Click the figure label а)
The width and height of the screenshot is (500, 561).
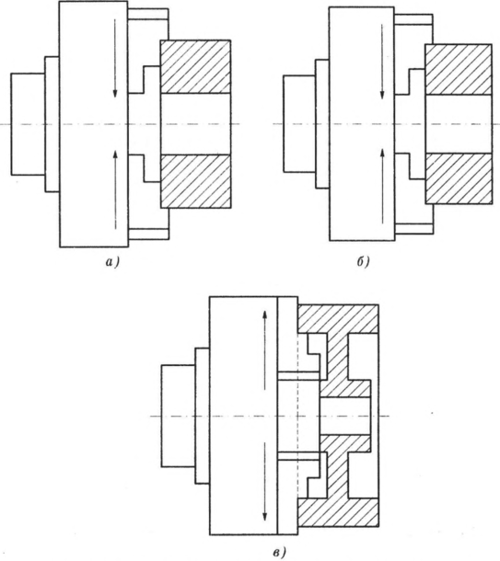[112, 263]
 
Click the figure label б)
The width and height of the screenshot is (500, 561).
[363, 263]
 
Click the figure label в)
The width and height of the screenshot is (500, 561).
[279, 553]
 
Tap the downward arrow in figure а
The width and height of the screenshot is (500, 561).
[115, 58]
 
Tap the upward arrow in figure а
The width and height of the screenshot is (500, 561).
[115, 189]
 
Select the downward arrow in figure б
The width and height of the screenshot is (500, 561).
[382, 62]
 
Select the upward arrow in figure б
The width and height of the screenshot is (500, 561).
[382, 186]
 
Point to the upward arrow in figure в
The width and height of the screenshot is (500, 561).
[264, 349]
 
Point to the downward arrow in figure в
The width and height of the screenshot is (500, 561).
[264, 481]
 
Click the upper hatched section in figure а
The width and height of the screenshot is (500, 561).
[195, 67]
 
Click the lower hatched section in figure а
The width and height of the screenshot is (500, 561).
[195, 181]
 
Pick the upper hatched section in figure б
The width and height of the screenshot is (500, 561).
[459, 70]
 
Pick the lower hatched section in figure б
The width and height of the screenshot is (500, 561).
[459, 178]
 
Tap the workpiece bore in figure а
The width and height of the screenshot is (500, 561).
[195, 124]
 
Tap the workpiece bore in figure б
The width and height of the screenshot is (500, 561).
[459, 124]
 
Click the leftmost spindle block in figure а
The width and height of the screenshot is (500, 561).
[28, 124]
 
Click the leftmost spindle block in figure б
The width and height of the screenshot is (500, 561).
[299, 124]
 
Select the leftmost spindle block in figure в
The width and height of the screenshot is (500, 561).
[179, 416]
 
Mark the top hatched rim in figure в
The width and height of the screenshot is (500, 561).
[338, 319]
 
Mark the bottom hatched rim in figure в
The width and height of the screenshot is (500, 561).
[338, 512]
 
